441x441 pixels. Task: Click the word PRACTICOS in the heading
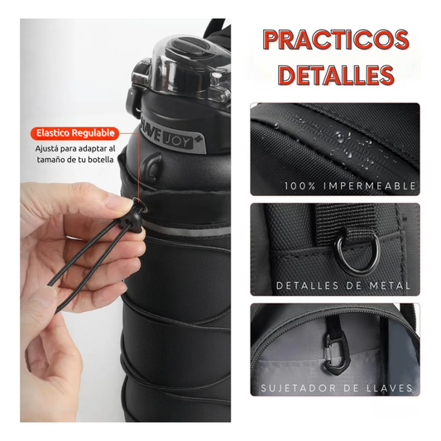coord(336,39)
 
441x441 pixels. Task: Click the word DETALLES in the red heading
coord(336,75)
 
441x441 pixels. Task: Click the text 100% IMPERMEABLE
coord(351,186)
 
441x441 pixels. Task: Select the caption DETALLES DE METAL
coord(343,285)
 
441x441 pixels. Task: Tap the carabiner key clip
coord(338,348)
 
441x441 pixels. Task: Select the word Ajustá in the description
coord(46,148)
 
